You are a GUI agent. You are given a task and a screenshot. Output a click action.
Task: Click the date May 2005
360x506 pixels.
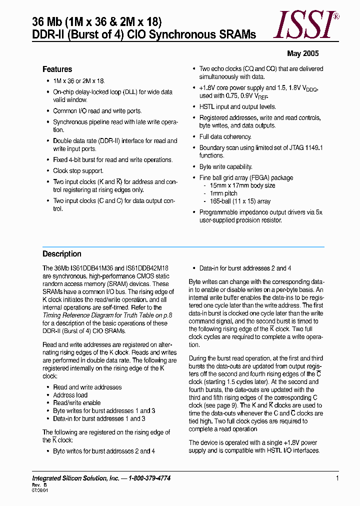(x=302, y=53)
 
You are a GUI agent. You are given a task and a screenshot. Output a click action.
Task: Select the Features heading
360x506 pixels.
(x=57, y=69)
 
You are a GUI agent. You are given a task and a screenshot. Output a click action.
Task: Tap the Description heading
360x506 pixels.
(x=61, y=254)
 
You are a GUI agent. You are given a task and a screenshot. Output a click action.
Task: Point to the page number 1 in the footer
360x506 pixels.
(x=337, y=478)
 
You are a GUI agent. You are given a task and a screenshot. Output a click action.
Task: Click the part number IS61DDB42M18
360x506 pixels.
(x=145, y=268)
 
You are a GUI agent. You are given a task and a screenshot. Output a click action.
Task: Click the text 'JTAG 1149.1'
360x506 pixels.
(x=305, y=147)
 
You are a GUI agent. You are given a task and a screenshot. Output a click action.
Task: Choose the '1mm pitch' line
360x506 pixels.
(x=223, y=193)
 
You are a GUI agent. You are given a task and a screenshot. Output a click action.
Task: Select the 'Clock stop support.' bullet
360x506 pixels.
(x=78, y=171)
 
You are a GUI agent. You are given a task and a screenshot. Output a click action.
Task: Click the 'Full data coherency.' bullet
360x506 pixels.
(x=225, y=136)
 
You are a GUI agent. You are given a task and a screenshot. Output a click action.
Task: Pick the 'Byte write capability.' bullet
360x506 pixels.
(x=225, y=166)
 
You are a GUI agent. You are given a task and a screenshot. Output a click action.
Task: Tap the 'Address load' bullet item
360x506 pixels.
(x=70, y=395)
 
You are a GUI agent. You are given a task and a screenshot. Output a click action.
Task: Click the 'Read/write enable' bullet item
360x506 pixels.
(x=76, y=403)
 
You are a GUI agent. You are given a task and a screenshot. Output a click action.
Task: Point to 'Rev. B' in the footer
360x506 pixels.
(x=39, y=485)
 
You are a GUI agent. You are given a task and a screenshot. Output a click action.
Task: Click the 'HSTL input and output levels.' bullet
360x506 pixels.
(x=237, y=107)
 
